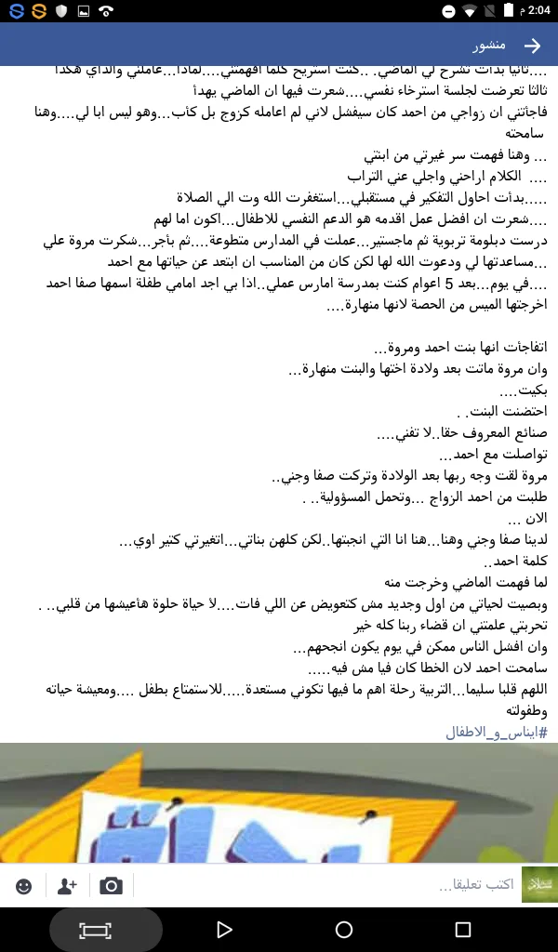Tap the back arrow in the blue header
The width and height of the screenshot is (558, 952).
tap(532, 46)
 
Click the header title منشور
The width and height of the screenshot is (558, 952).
tap(489, 46)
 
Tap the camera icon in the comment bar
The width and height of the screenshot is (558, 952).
tap(112, 886)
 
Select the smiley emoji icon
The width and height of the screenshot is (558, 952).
tap(24, 886)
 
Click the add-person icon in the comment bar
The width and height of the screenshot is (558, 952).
tap(67, 886)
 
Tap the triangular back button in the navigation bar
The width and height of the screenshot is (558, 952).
tap(223, 929)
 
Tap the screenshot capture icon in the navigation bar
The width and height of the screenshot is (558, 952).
tap(95, 929)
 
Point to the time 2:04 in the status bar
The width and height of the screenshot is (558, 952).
tap(537, 11)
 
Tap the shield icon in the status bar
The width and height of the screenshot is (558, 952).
tap(61, 11)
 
